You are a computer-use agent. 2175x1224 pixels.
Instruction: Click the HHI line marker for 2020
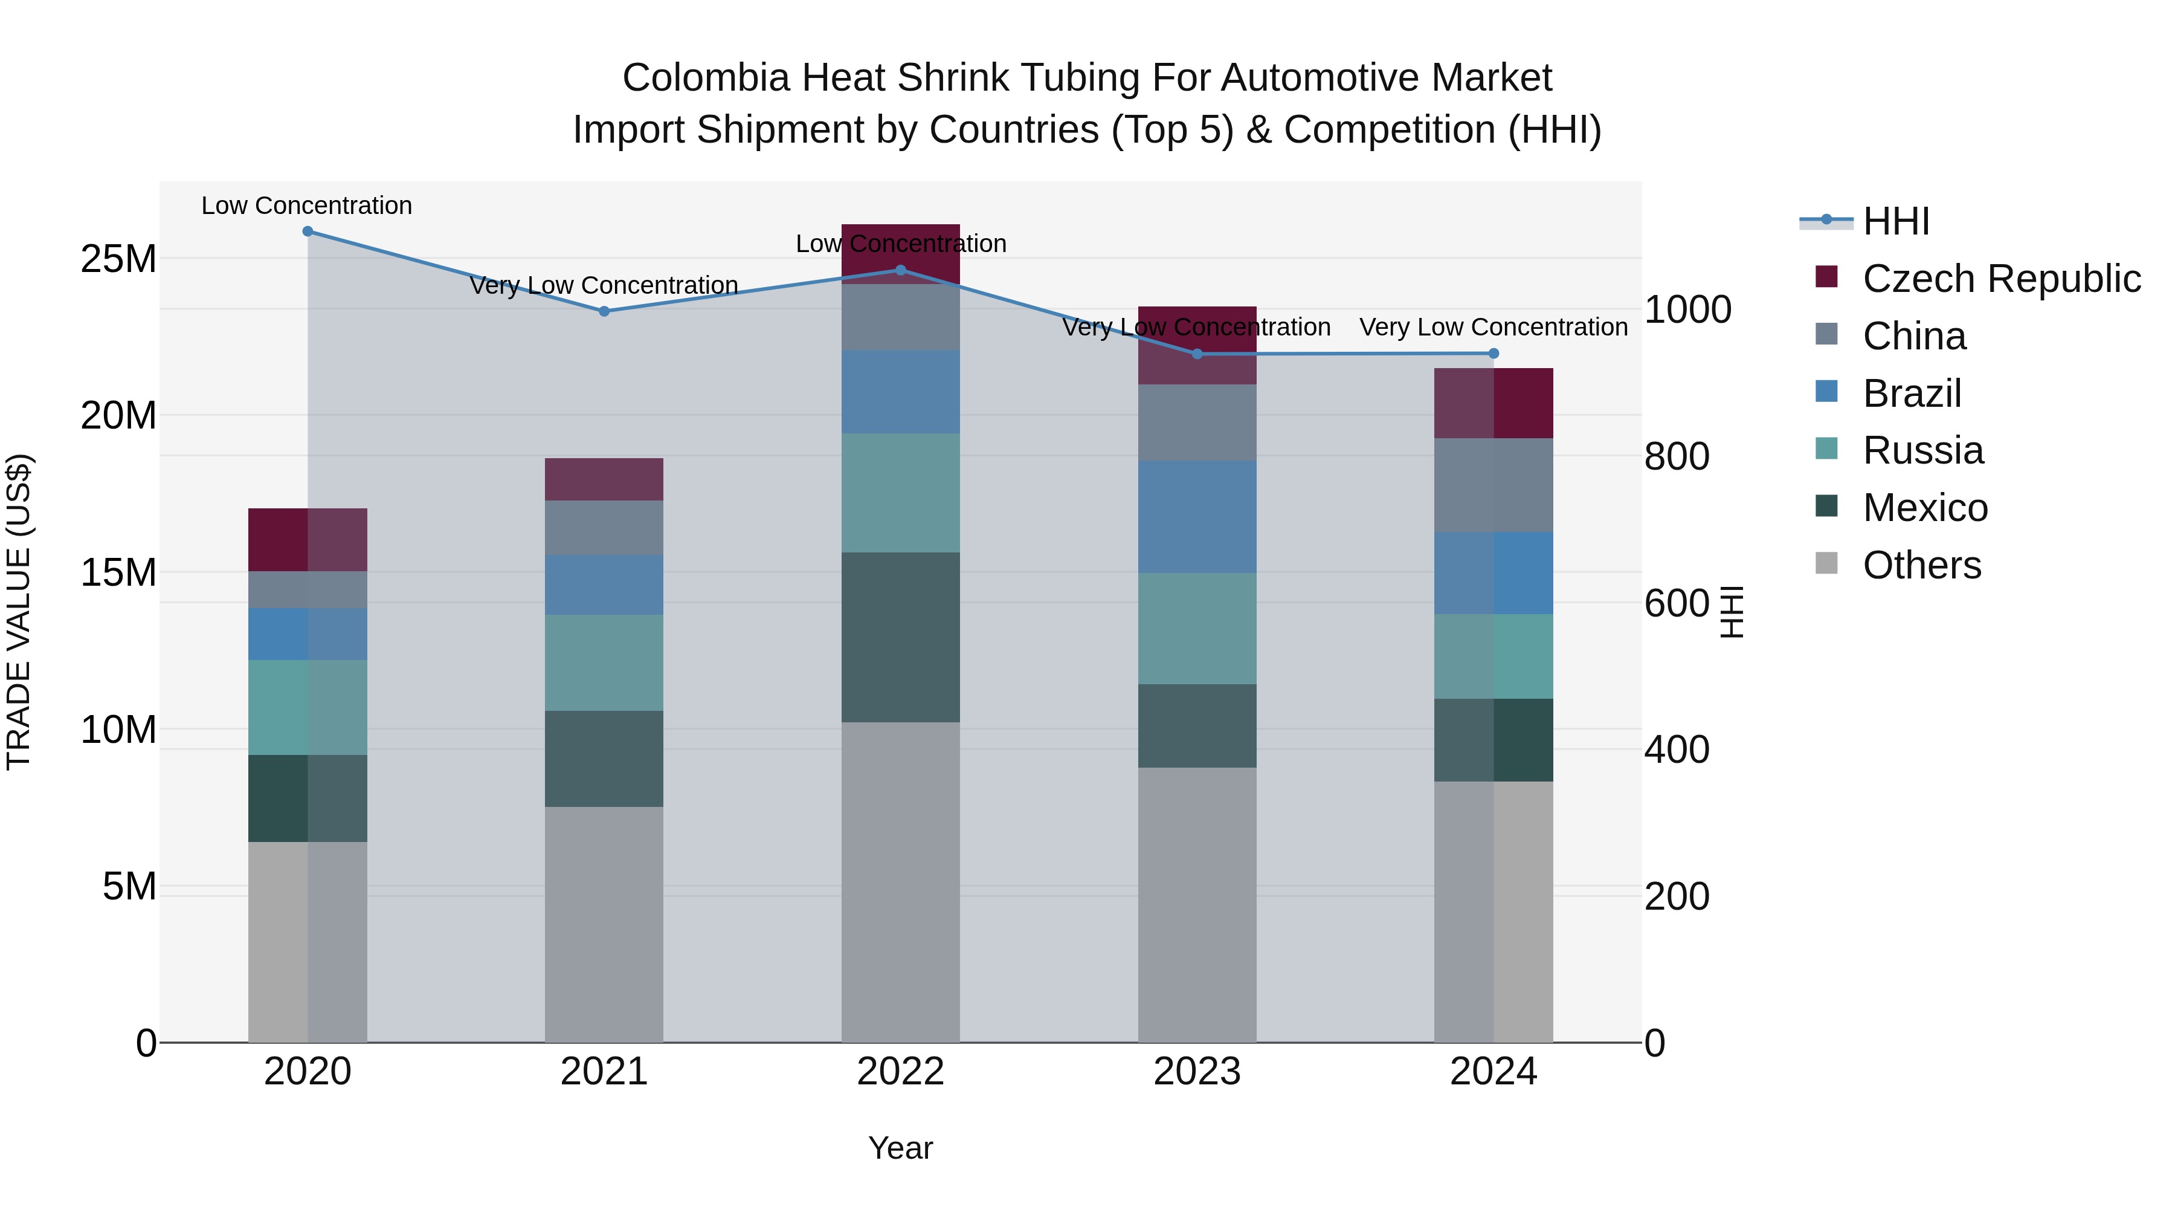(308, 231)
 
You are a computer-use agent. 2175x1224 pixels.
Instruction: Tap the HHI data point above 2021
(604, 311)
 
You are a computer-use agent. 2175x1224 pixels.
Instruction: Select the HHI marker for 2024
(1493, 353)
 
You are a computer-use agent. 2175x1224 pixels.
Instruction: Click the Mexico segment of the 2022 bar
(900, 637)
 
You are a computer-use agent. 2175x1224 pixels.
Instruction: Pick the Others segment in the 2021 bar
(604, 924)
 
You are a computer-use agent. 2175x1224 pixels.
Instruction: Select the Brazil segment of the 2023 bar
(1196, 517)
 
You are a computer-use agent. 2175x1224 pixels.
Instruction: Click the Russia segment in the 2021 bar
(604, 662)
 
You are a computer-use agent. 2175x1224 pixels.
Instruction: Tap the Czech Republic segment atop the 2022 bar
(900, 253)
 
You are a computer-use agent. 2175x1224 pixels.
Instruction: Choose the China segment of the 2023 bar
(1196, 423)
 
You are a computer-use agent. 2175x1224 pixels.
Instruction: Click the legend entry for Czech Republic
(2001, 279)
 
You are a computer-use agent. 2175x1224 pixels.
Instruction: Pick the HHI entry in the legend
(1895, 221)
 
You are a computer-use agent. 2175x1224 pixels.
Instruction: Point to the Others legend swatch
(1826, 563)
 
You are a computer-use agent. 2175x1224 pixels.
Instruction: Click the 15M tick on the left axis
(118, 573)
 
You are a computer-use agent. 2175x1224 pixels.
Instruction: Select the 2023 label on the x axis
(1196, 1072)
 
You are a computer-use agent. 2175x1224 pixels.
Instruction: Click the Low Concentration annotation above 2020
(306, 206)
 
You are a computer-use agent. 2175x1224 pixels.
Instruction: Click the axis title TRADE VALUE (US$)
(19, 612)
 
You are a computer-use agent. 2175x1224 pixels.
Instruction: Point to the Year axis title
(900, 1148)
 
